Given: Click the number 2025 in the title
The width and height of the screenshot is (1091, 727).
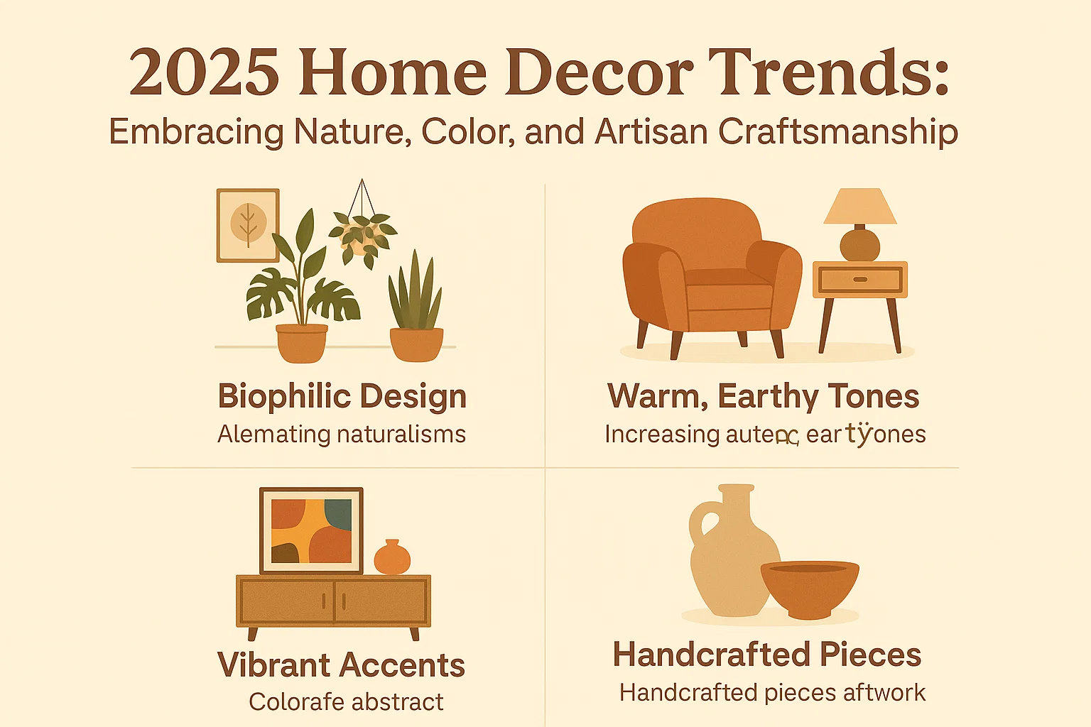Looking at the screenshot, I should (205, 74).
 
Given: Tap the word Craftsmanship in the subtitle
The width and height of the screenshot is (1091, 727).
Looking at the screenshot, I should (838, 132).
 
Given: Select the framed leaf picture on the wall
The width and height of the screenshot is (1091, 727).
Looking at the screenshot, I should (248, 225).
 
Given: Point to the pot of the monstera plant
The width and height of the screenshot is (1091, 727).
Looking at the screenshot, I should (302, 342).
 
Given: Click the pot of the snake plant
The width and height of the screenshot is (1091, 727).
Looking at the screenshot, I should (416, 344).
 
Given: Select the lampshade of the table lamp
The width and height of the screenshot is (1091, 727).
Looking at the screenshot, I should (859, 206).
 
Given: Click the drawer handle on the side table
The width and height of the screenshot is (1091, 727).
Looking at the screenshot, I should (859, 280).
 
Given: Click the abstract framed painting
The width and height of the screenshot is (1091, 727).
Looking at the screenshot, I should (311, 530).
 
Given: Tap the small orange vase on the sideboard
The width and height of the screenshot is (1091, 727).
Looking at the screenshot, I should (392, 557).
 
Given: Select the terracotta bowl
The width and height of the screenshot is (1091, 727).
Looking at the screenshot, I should (810, 586).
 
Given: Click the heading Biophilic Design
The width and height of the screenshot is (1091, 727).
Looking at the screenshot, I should (342, 396).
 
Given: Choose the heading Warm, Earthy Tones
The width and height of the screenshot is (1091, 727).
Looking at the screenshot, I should (764, 396).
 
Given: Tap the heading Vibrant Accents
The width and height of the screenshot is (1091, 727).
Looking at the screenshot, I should (342, 665).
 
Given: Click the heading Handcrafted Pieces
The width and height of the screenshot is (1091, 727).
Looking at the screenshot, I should (767, 655).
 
